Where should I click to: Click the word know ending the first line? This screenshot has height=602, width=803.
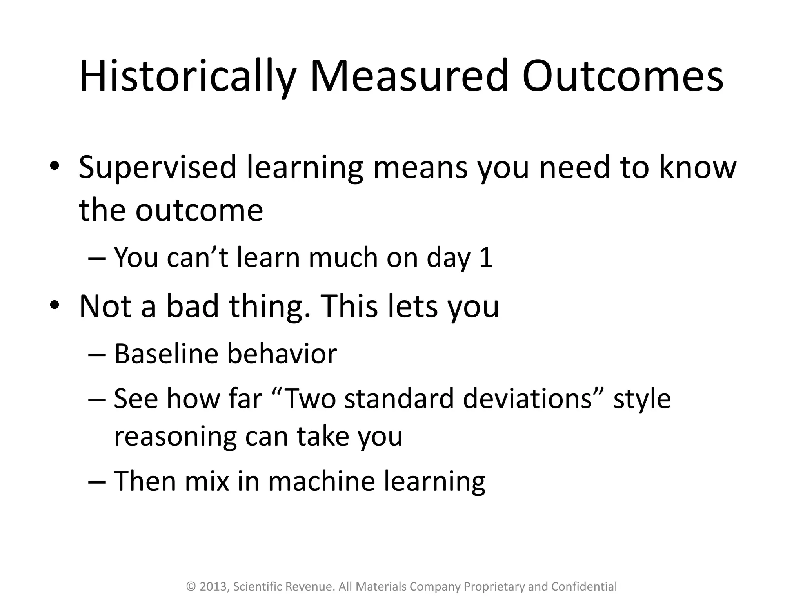click(697, 168)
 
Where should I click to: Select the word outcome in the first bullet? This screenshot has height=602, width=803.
click(199, 210)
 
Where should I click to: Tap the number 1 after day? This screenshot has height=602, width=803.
click(486, 258)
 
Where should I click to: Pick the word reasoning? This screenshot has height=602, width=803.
click(175, 437)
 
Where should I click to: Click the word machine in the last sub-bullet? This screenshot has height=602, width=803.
click(321, 481)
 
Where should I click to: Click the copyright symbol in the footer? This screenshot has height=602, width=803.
click(191, 587)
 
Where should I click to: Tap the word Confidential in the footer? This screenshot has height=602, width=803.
click(584, 587)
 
